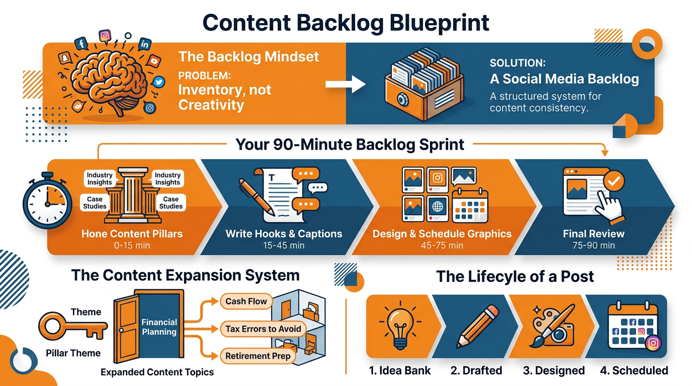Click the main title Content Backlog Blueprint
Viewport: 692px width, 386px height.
click(x=346, y=23)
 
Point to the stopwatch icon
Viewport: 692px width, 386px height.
click(x=46, y=201)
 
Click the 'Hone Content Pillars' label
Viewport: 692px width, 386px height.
click(x=132, y=234)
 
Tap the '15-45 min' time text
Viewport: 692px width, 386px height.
click(x=284, y=245)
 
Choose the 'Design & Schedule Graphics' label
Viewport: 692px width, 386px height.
click(x=442, y=234)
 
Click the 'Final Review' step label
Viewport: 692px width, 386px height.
click(x=593, y=234)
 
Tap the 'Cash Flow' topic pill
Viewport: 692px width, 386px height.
click(x=246, y=302)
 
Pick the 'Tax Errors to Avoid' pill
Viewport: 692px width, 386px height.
click(x=263, y=329)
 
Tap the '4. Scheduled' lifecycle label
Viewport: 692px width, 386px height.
click(x=634, y=371)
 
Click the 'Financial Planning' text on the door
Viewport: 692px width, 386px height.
click(x=159, y=327)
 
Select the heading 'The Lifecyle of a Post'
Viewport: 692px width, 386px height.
click(x=515, y=276)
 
